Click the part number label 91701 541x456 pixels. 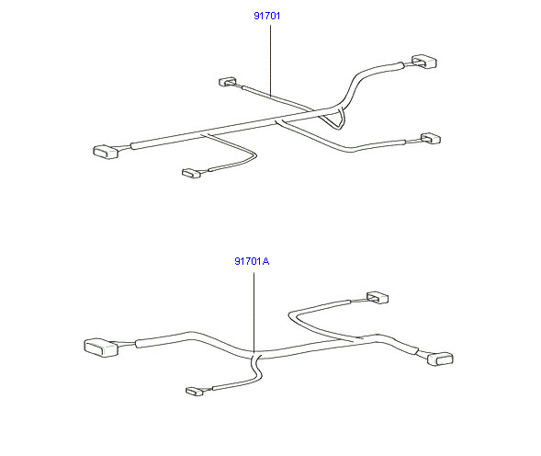click(x=266, y=16)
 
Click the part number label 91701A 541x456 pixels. click(x=252, y=261)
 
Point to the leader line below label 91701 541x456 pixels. click(x=270, y=61)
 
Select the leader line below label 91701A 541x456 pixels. click(x=254, y=312)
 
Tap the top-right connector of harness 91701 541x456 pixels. click(x=424, y=62)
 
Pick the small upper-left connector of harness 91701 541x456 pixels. click(x=228, y=82)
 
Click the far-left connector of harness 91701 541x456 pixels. click(x=106, y=152)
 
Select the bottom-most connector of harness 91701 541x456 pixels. click(x=191, y=173)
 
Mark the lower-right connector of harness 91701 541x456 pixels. click(x=431, y=139)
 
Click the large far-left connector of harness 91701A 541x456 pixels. click(x=101, y=348)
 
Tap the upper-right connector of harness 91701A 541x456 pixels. click(x=378, y=298)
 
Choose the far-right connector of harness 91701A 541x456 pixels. click(x=440, y=359)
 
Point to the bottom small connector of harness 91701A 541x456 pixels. click(x=194, y=391)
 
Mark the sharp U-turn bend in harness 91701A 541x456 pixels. click(x=291, y=315)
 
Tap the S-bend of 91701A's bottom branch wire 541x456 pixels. click(x=257, y=371)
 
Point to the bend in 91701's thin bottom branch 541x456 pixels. click(x=254, y=154)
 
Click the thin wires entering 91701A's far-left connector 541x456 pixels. click(x=126, y=344)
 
